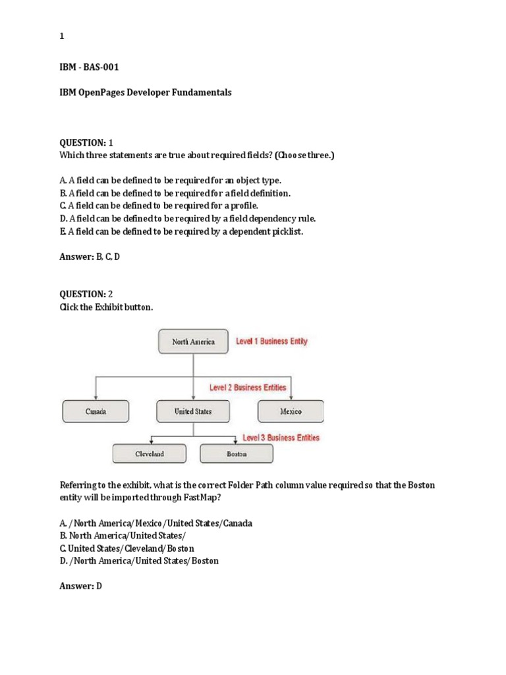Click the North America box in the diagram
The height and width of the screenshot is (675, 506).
(193, 341)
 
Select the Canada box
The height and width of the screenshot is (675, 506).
(96, 411)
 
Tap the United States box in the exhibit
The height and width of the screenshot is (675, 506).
(193, 411)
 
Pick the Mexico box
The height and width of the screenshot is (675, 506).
(291, 411)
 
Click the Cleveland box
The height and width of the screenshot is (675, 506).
(150, 454)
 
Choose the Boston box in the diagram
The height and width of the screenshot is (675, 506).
(237, 454)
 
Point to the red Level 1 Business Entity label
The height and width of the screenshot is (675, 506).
(271, 341)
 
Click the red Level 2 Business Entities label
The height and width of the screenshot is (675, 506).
(247, 388)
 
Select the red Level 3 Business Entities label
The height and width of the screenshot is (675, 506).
(281, 438)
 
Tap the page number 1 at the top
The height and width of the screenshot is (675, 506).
(62, 37)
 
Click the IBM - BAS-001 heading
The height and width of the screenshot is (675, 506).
(89, 67)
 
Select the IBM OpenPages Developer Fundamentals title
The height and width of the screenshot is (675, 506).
(146, 93)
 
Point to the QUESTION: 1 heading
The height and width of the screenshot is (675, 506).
(86, 142)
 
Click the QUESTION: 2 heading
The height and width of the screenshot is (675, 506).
(86, 294)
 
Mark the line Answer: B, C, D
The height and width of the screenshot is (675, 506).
(90, 256)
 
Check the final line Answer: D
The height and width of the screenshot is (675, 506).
(80, 586)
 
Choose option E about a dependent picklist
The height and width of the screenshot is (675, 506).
(181, 231)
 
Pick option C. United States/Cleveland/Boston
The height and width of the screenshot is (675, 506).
(126, 548)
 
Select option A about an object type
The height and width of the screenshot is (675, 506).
(170, 180)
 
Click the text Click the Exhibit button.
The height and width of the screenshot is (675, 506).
(106, 307)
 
